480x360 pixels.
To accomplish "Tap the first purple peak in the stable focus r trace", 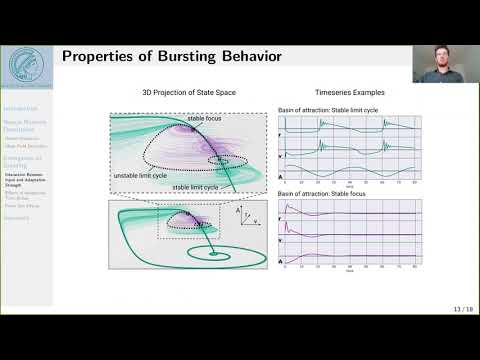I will click(290, 206).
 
